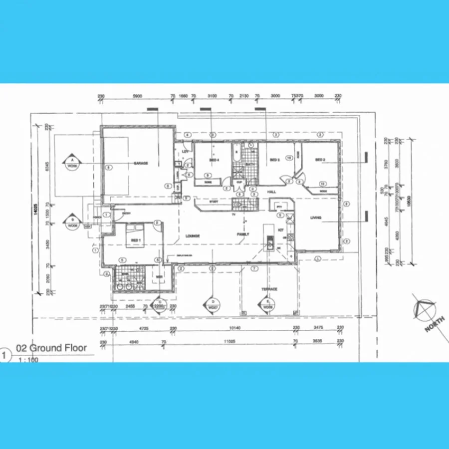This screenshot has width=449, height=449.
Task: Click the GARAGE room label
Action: (x=140, y=163)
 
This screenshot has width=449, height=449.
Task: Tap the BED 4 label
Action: (x=215, y=160)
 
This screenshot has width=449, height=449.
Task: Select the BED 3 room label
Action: (x=274, y=160)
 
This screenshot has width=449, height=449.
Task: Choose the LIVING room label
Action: (x=315, y=218)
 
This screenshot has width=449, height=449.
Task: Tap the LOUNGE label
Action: (x=193, y=236)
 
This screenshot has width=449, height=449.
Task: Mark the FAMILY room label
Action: (x=243, y=233)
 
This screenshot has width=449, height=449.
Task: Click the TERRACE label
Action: (x=269, y=289)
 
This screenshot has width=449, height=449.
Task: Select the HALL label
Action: (x=271, y=192)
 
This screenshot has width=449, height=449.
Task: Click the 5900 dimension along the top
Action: (x=138, y=96)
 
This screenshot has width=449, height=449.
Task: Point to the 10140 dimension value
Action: (x=232, y=328)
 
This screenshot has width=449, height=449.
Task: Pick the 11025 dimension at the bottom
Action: (x=229, y=341)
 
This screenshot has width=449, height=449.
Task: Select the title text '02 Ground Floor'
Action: (x=51, y=348)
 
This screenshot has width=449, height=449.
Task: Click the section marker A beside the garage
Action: (x=72, y=161)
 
